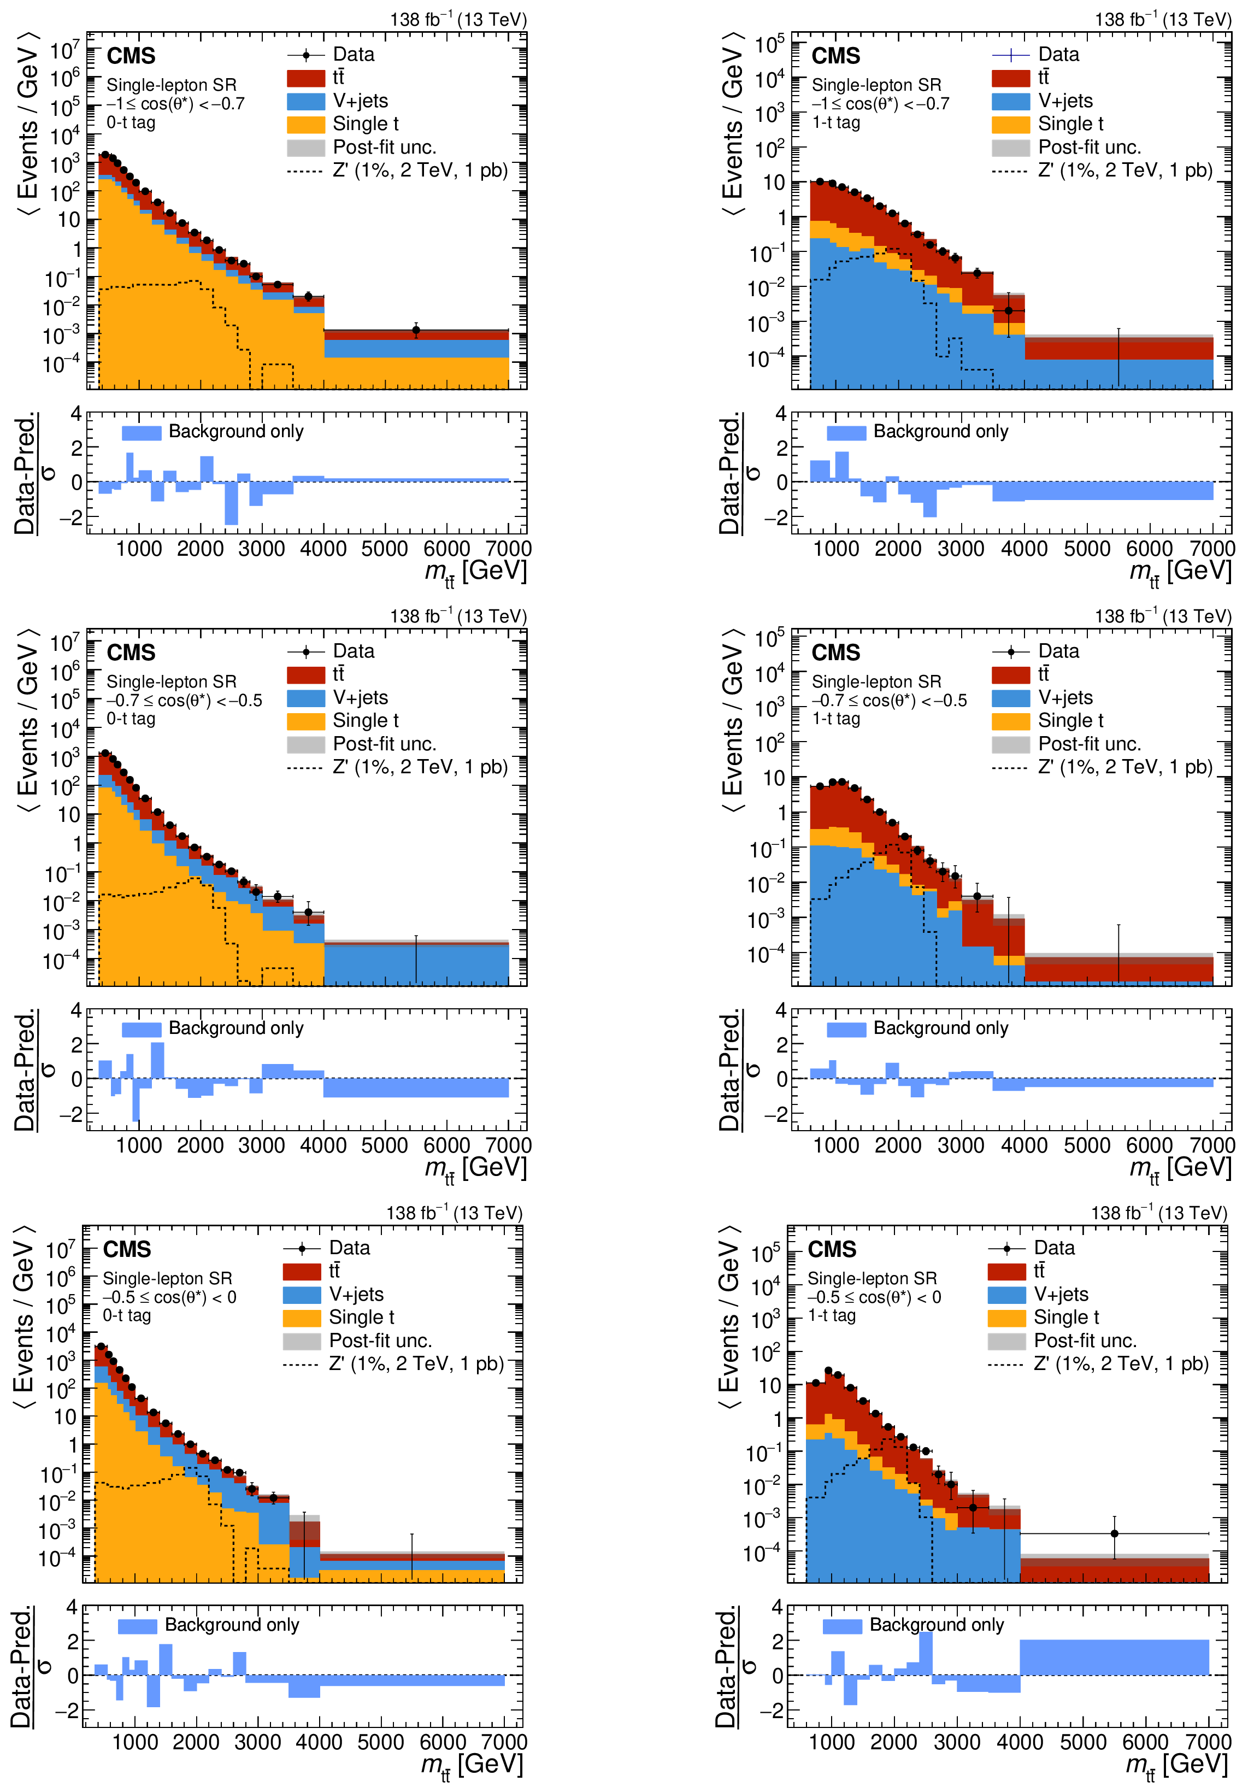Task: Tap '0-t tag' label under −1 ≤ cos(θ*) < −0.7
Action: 131,123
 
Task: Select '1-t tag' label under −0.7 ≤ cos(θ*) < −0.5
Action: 836,719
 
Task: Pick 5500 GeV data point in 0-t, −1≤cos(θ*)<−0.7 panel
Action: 416,330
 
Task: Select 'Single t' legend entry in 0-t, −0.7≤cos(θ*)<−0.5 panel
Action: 365,721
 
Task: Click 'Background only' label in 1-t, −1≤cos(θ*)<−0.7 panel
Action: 940,431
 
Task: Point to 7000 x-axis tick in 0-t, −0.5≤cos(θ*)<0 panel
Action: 504,1742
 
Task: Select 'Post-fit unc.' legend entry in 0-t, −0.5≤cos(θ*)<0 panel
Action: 380,1340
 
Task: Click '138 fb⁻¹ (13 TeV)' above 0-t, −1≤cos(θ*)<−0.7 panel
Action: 458,20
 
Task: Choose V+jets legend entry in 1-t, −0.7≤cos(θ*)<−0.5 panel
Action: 1064,697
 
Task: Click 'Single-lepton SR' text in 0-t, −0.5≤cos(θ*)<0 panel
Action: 167,1278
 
